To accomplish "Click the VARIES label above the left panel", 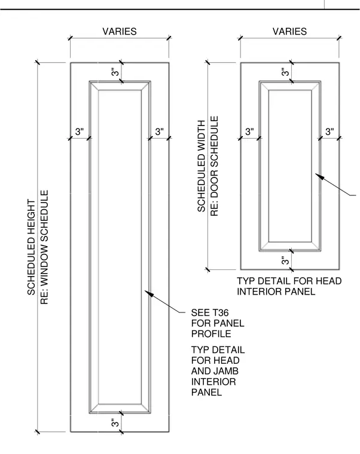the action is [x=120, y=31].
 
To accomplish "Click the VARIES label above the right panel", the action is [x=289, y=31].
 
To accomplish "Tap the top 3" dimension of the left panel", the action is [x=115, y=72].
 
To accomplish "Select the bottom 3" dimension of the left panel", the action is [x=115, y=423].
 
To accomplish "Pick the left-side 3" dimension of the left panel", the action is [x=80, y=131].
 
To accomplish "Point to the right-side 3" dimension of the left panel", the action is [x=160, y=131].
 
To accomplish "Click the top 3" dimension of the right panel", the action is [x=285, y=72].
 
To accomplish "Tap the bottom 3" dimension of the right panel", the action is [x=285, y=260].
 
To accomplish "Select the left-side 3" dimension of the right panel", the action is [x=249, y=131].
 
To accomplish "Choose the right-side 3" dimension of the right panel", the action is [x=330, y=131].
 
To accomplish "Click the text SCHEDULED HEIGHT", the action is [x=31, y=247].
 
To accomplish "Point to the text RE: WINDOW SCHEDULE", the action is [x=44, y=247].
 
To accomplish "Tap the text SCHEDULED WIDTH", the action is [x=201, y=166].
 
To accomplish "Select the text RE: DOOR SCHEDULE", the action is [x=214, y=166].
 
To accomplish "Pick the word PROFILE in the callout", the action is [x=211, y=333].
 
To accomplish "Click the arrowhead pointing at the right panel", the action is [x=319, y=176].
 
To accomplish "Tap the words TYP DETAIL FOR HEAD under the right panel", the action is [x=289, y=281].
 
